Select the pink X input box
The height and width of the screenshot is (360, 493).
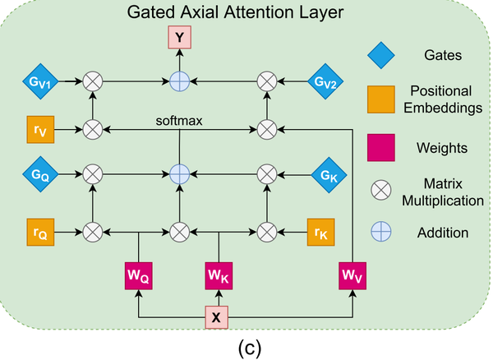(217, 316)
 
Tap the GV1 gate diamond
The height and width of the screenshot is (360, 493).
(40, 81)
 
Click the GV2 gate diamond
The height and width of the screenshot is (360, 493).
(323, 81)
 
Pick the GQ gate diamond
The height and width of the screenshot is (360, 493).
(40, 174)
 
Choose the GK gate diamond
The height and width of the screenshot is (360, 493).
(323, 174)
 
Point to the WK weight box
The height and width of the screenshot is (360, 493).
(217, 276)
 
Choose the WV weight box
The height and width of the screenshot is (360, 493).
(352, 276)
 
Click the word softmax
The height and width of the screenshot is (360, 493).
(179, 121)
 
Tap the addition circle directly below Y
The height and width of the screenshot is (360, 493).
(179, 81)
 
